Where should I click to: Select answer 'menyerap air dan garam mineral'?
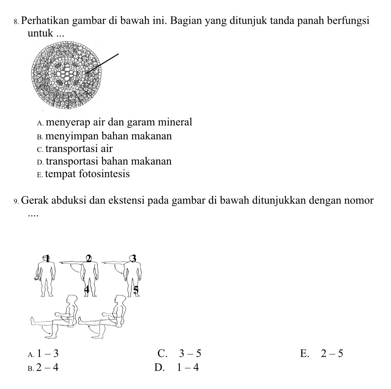coord(119,122)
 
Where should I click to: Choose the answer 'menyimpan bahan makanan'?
coord(109,136)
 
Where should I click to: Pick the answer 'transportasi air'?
coord(79,149)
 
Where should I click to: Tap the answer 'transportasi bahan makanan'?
coord(109,161)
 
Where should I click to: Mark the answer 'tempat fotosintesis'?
coord(87,174)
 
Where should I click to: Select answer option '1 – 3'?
coord(48,354)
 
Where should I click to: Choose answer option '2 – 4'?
coord(48,368)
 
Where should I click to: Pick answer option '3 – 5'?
coord(190,354)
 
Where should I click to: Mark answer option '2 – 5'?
coord(332,354)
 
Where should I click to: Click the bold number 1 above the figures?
coord(48,259)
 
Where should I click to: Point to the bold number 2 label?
coord(88,259)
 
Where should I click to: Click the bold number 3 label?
coord(133,259)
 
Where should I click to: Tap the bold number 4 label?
coord(87,289)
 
